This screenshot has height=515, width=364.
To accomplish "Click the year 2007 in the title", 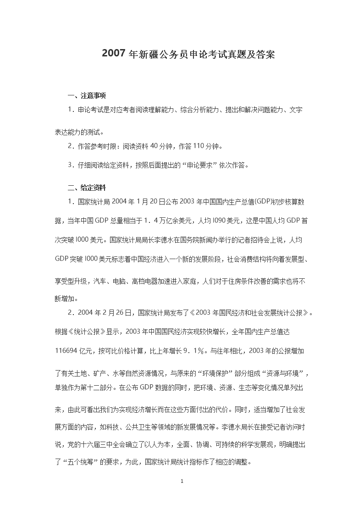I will tap(114, 54).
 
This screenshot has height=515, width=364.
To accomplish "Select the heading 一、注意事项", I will tap(87, 96).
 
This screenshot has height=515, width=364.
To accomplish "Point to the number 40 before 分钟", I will tap(154, 146).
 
